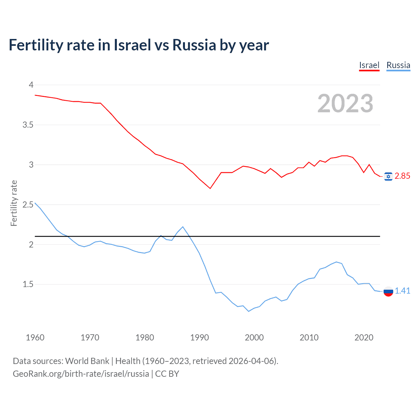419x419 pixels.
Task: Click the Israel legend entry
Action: pyautogui.click(x=369, y=65)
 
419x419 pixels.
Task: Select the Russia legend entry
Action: pyautogui.click(x=398, y=65)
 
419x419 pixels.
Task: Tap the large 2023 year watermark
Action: pyautogui.click(x=345, y=103)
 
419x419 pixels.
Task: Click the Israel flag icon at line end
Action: pyautogui.click(x=388, y=176)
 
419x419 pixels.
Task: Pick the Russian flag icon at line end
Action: pyautogui.click(x=388, y=291)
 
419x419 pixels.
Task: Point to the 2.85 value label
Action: pyautogui.click(x=402, y=176)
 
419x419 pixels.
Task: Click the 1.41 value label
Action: pyautogui.click(x=402, y=291)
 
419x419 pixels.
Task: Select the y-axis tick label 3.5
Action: pyautogui.click(x=28, y=125)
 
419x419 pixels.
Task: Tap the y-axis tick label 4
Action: pyautogui.click(x=31, y=85)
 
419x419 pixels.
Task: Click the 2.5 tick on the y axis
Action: pyautogui.click(x=28, y=205)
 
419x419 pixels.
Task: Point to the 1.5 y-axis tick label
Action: pyautogui.click(x=28, y=284)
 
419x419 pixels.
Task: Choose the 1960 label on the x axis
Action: pyautogui.click(x=35, y=337)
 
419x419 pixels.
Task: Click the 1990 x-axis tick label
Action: pyautogui.click(x=199, y=337)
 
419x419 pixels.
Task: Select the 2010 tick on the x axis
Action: pyautogui.click(x=309, y=337)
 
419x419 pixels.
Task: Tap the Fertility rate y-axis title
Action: pyautogui.click(x=14, y=203)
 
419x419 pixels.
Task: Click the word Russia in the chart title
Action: pyautogui.click(x=194, y=45)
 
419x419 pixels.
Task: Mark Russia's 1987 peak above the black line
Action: pyautogui.click(x=183, y=227)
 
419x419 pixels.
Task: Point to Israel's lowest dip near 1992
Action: pyautogui.click(x=210, y=188)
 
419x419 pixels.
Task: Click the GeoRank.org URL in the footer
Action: pyautogui.click(x=81, y=374)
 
